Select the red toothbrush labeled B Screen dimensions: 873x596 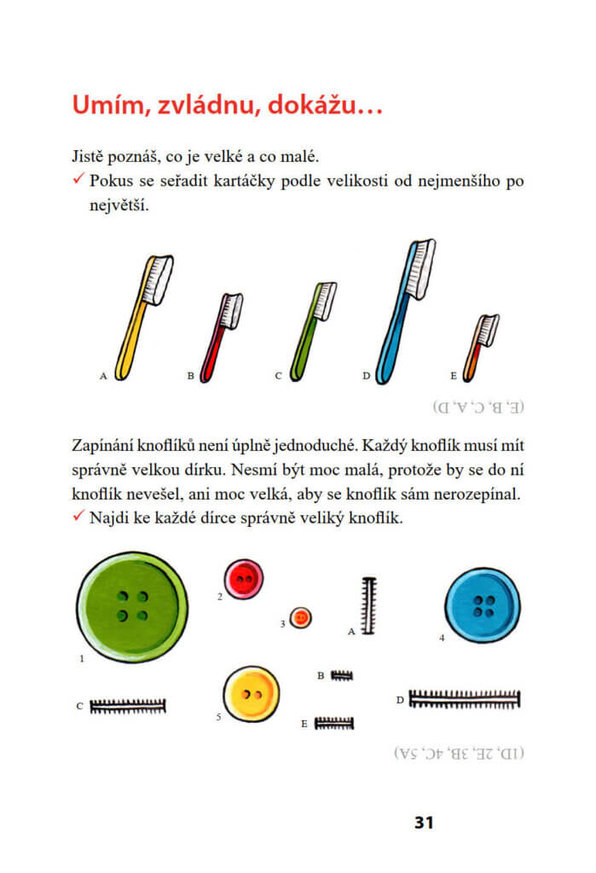tap(220, 337)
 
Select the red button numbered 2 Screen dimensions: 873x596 tap(244, 580)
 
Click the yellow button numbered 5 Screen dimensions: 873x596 tap(251, 693)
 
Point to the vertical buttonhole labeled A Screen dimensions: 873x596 tap(369, 606)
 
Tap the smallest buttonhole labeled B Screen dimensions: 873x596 tap(341, 675)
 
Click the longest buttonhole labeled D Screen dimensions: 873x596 tap(465, 699)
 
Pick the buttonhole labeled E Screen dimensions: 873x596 tap(334, 723)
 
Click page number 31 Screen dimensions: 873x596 tap(424, 823)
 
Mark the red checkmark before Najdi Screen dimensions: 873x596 tap(78, 517)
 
